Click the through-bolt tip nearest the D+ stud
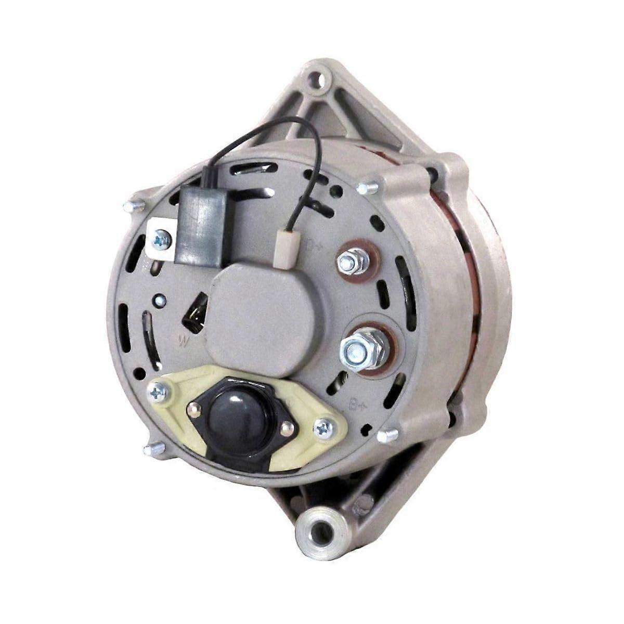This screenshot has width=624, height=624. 370,186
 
